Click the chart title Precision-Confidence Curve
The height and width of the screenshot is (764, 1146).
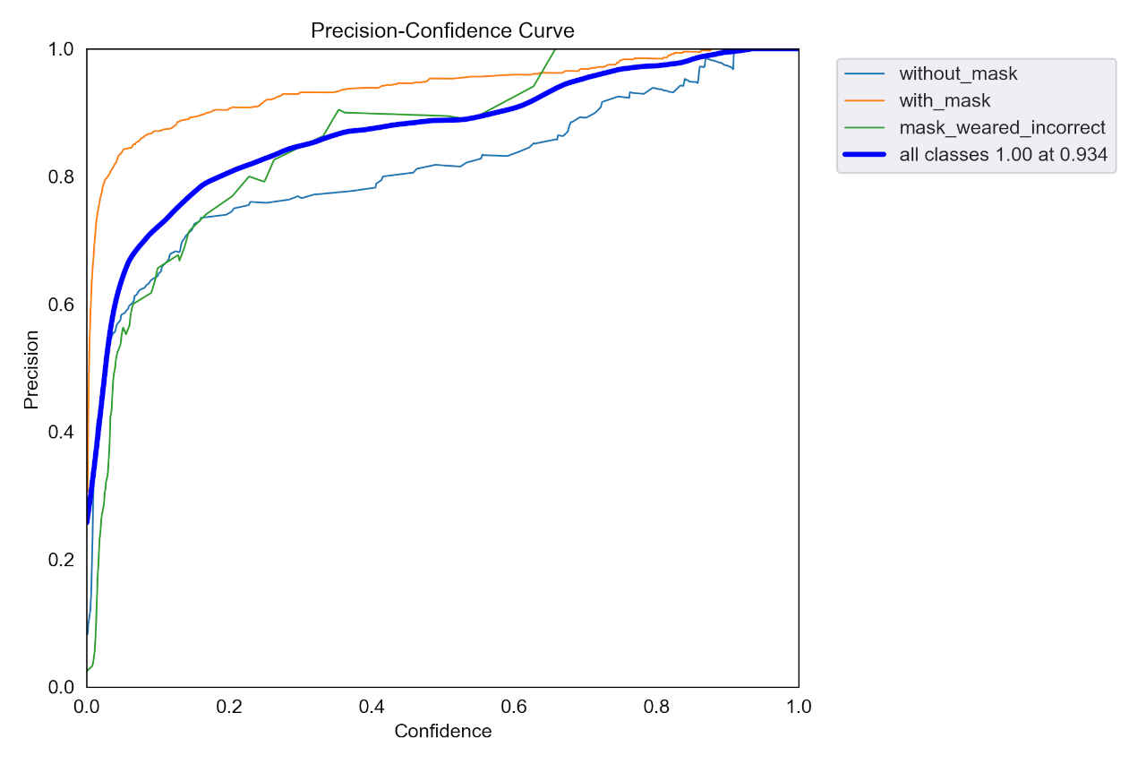click(x=442, y=30)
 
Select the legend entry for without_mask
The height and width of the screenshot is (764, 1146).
click(x=958, y=73)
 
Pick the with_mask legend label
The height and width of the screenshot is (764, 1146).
click(x=945, y=100)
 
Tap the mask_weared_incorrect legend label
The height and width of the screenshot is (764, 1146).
click(x=1002, y=127)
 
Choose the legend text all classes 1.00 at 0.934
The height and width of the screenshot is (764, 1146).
click(x=1003, y=155)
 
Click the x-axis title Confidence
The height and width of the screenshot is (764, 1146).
click(x=442, y=731)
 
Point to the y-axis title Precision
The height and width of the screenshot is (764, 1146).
click(x=31, y=369)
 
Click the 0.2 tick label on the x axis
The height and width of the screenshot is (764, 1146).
click(x=229, y=707)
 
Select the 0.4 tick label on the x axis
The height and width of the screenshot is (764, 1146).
click(x=372, y=707)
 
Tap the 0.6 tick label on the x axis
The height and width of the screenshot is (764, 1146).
click(x=514, y=707)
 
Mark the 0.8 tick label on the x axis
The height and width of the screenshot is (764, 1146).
click(x=656, y=707)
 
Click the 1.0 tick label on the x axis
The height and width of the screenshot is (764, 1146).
click(x=799, y=707)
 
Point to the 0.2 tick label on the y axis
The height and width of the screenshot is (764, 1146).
click(x=61, y=560)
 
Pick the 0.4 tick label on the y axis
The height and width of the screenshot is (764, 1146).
click(x=61, y=432)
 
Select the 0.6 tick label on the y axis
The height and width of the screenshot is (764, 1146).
click(x=61, y=305)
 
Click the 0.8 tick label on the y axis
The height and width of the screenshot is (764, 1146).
click(x=61, y=176)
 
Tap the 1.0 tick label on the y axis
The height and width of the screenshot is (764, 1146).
click(x=61, y=49)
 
